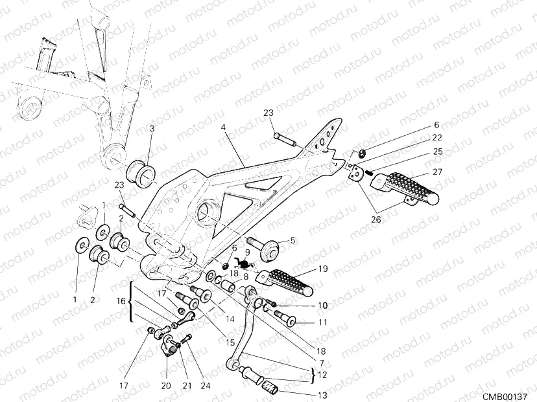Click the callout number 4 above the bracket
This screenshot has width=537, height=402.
(x=222, y=128)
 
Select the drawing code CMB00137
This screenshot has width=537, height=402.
(x=508, y=394)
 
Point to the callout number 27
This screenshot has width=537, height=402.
(x=436, y=173)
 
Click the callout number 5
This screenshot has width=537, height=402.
(x=292, y=241)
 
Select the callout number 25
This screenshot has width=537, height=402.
(x=436, y=151)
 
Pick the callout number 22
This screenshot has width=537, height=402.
(x=436, y=138)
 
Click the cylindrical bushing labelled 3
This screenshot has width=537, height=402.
(x=143, y=173)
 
